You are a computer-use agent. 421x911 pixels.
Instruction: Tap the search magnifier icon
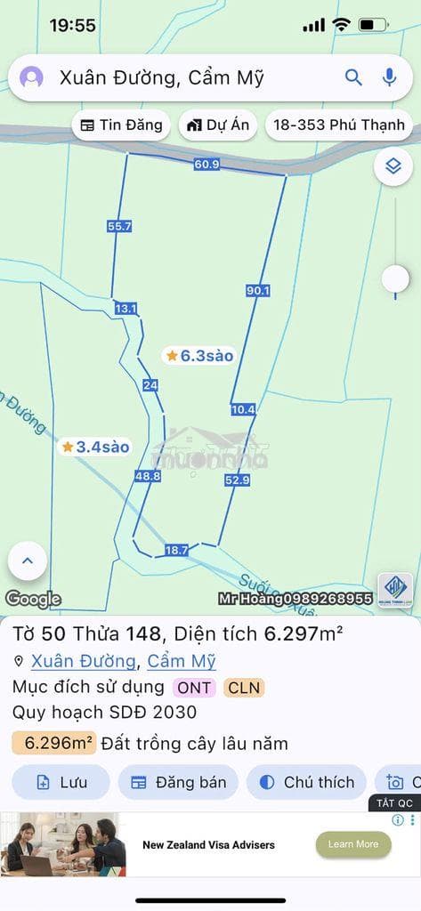tap(353, 77)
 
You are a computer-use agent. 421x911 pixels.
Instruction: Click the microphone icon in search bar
tap(389, 77)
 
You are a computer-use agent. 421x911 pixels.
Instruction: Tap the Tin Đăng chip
tap(122, 125)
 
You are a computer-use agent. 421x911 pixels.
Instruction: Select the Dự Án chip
tap(218, 125)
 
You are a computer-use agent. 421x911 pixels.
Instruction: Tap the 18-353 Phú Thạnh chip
tap(338, 125)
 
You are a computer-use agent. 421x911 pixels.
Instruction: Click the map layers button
tap(393, 165)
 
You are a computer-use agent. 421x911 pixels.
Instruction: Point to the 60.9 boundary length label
tap(206, 164)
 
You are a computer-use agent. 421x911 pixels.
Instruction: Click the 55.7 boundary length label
tap(119, 227)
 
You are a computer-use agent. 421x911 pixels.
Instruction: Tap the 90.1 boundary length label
tap(257, 290)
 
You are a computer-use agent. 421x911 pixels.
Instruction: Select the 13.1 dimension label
tap(126, 309)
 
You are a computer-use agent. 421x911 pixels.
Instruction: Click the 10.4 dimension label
tap(243, 409)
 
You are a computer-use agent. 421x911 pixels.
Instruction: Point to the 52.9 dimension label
tap(237, 480)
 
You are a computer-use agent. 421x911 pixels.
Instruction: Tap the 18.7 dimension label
tap(176, 551)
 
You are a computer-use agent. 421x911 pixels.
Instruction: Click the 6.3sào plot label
tap(199, 356)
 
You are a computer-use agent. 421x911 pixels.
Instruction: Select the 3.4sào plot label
tap(96, 447)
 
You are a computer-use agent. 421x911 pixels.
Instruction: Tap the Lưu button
tap(61, 783)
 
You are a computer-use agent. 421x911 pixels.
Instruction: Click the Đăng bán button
tap(178, 783)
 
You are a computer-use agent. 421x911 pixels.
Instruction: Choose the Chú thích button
tap(306, 783)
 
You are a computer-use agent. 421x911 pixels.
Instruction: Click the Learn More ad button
tap(353, 844)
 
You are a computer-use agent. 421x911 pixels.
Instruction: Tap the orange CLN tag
tap(244, 687)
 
